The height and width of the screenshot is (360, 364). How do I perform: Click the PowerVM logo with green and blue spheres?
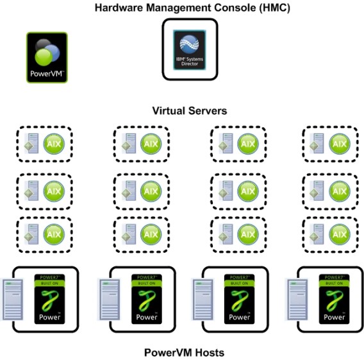click(x=47, y=58)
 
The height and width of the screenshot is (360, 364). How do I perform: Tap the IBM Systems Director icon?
click(x=189, y=49)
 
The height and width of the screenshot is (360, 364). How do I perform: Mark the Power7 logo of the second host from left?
click(x=147, y=298)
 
